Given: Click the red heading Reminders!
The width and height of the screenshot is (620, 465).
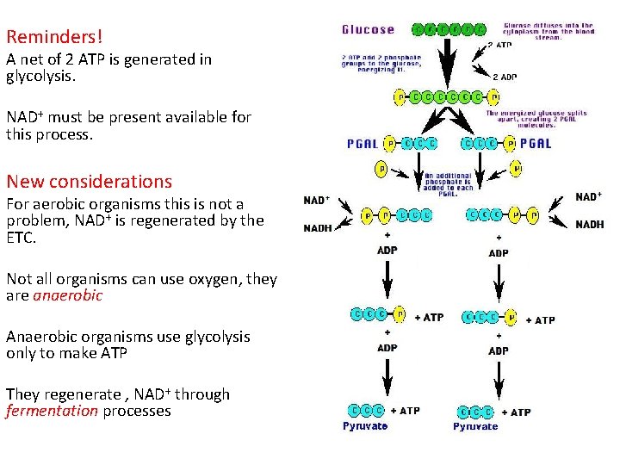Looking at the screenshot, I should (x=54, y=37).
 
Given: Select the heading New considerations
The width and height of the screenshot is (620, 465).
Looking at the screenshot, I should (x=89, y=182).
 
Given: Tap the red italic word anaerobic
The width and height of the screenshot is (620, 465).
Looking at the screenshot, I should (x=68, y=295).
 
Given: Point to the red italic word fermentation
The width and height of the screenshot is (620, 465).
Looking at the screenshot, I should (x=52, y=411).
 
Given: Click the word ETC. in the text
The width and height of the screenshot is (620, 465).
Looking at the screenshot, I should (x=22, y=237).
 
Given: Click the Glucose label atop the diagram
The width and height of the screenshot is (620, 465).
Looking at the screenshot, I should (x=368, y=29).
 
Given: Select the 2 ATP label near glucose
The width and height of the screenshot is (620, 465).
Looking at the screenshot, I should (x=500, y=45).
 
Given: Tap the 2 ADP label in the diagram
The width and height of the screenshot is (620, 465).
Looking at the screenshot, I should (x=505, y=76).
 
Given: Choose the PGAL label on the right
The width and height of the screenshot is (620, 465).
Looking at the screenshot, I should (x=536, y=144).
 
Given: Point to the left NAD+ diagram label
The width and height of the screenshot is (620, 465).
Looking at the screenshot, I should (x=317, y=201).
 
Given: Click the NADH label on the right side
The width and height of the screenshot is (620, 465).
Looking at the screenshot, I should (x=589, y=225).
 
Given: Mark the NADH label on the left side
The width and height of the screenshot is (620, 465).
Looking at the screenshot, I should (x=317, y=228).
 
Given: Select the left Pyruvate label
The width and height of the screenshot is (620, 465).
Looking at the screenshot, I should (x=365, y=425).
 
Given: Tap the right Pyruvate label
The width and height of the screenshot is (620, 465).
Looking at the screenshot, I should (x=475, y=425).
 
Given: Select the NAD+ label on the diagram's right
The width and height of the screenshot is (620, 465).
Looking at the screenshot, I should (x=588, y=197).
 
